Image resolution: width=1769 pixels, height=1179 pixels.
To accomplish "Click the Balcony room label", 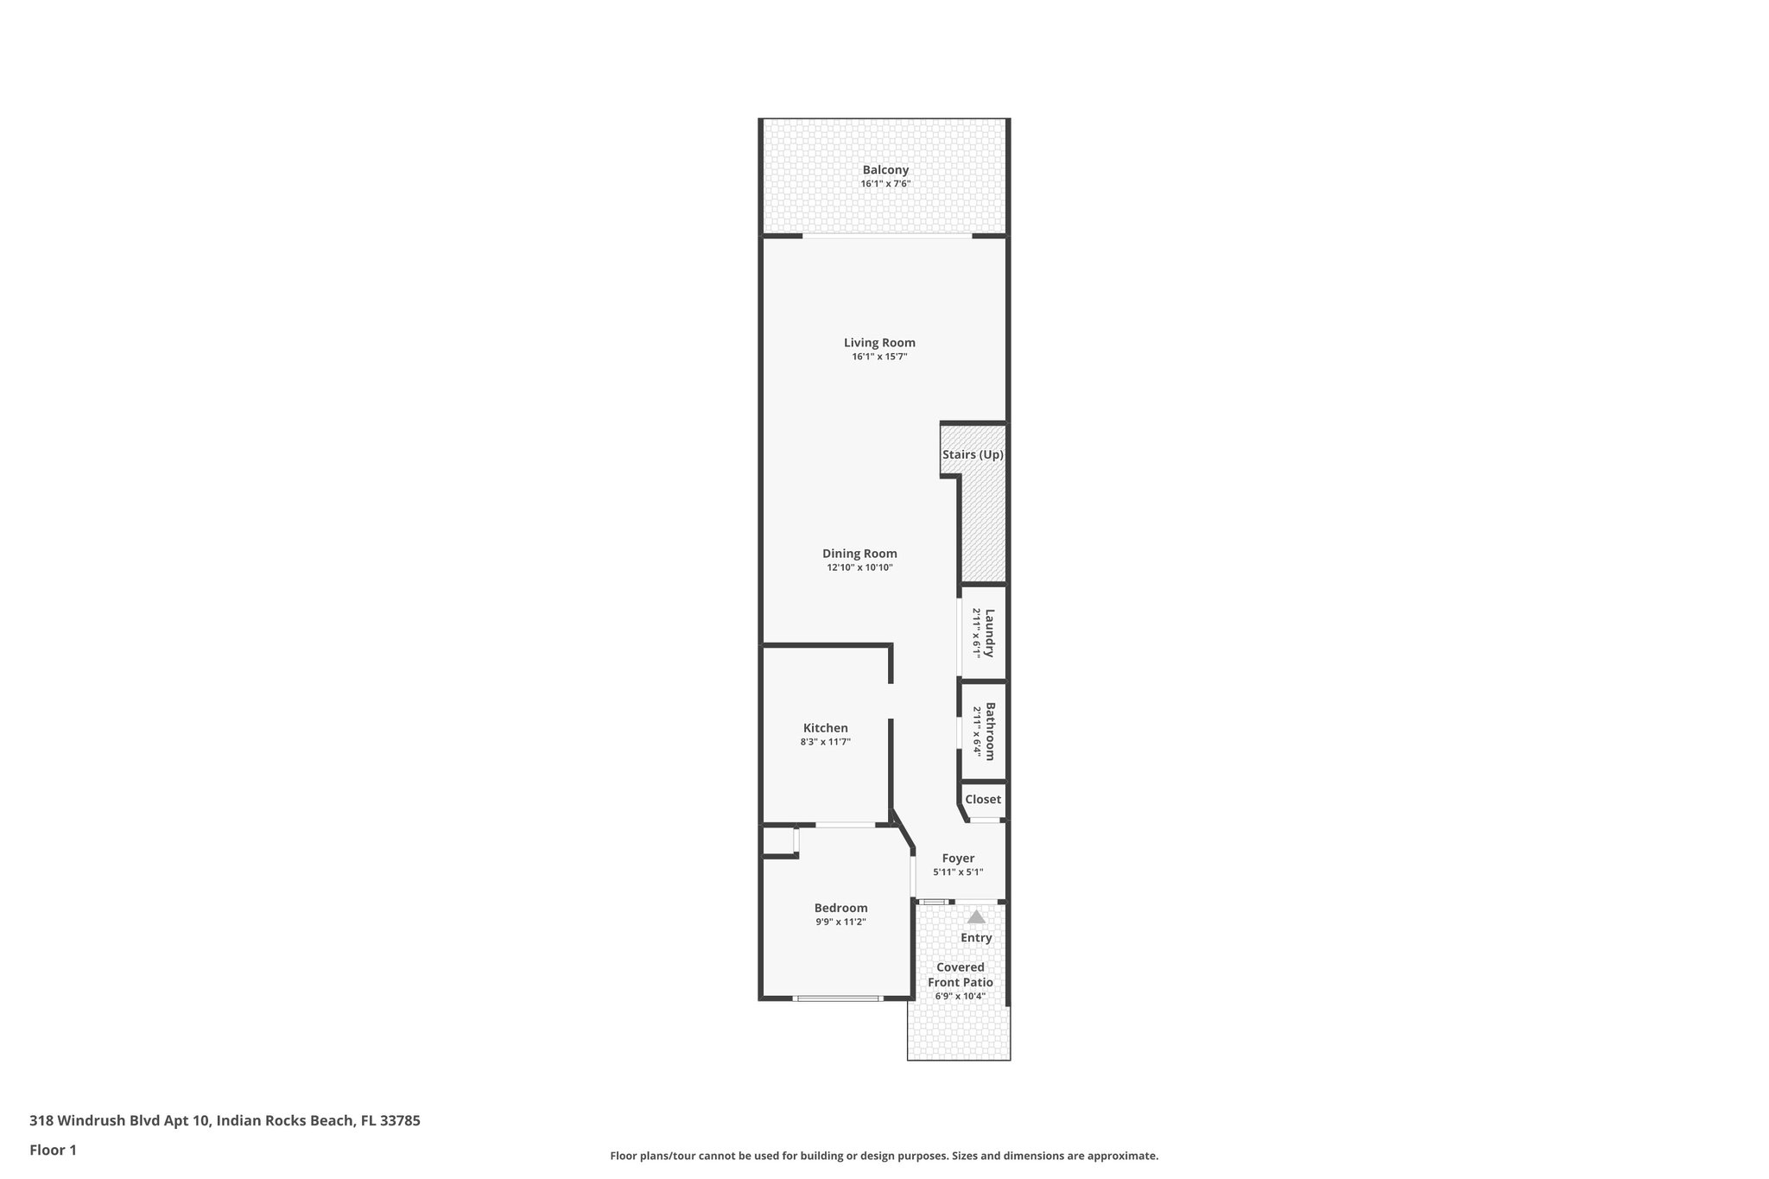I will coord(885,170).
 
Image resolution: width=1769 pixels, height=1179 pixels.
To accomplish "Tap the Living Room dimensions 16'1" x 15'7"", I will coord(879,357).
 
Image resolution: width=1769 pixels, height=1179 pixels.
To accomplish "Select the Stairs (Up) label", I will coord(973,454).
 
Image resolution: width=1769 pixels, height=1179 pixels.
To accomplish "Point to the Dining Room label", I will coord(859,554).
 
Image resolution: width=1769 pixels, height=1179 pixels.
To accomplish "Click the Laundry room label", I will coord(990,633).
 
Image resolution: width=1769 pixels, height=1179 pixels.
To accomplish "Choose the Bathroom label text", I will coord(991,731).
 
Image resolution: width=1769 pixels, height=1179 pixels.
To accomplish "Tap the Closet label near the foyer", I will coord(983,800).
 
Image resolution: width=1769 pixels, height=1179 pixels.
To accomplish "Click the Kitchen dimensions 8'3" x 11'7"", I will coord(826,742).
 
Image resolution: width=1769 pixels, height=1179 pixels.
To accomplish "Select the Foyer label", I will coord(958,859).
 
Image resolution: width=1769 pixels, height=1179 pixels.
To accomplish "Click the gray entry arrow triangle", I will coord(976,917).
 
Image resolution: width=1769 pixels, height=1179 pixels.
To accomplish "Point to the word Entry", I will coord(976,938).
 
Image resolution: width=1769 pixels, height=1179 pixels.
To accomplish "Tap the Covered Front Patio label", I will coord(961,975).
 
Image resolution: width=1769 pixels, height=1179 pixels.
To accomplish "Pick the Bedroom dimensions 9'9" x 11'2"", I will coord(840,922).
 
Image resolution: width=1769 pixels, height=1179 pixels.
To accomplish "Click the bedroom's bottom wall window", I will coord(837,998).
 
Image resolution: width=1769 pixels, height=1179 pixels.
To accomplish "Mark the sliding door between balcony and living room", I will coord(887,236).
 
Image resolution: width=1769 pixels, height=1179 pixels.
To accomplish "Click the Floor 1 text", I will coord(53,1150).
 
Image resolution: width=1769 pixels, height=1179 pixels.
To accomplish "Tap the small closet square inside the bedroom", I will coord(777,841).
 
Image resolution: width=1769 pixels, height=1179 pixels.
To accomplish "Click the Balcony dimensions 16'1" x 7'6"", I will coord(885,184).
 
